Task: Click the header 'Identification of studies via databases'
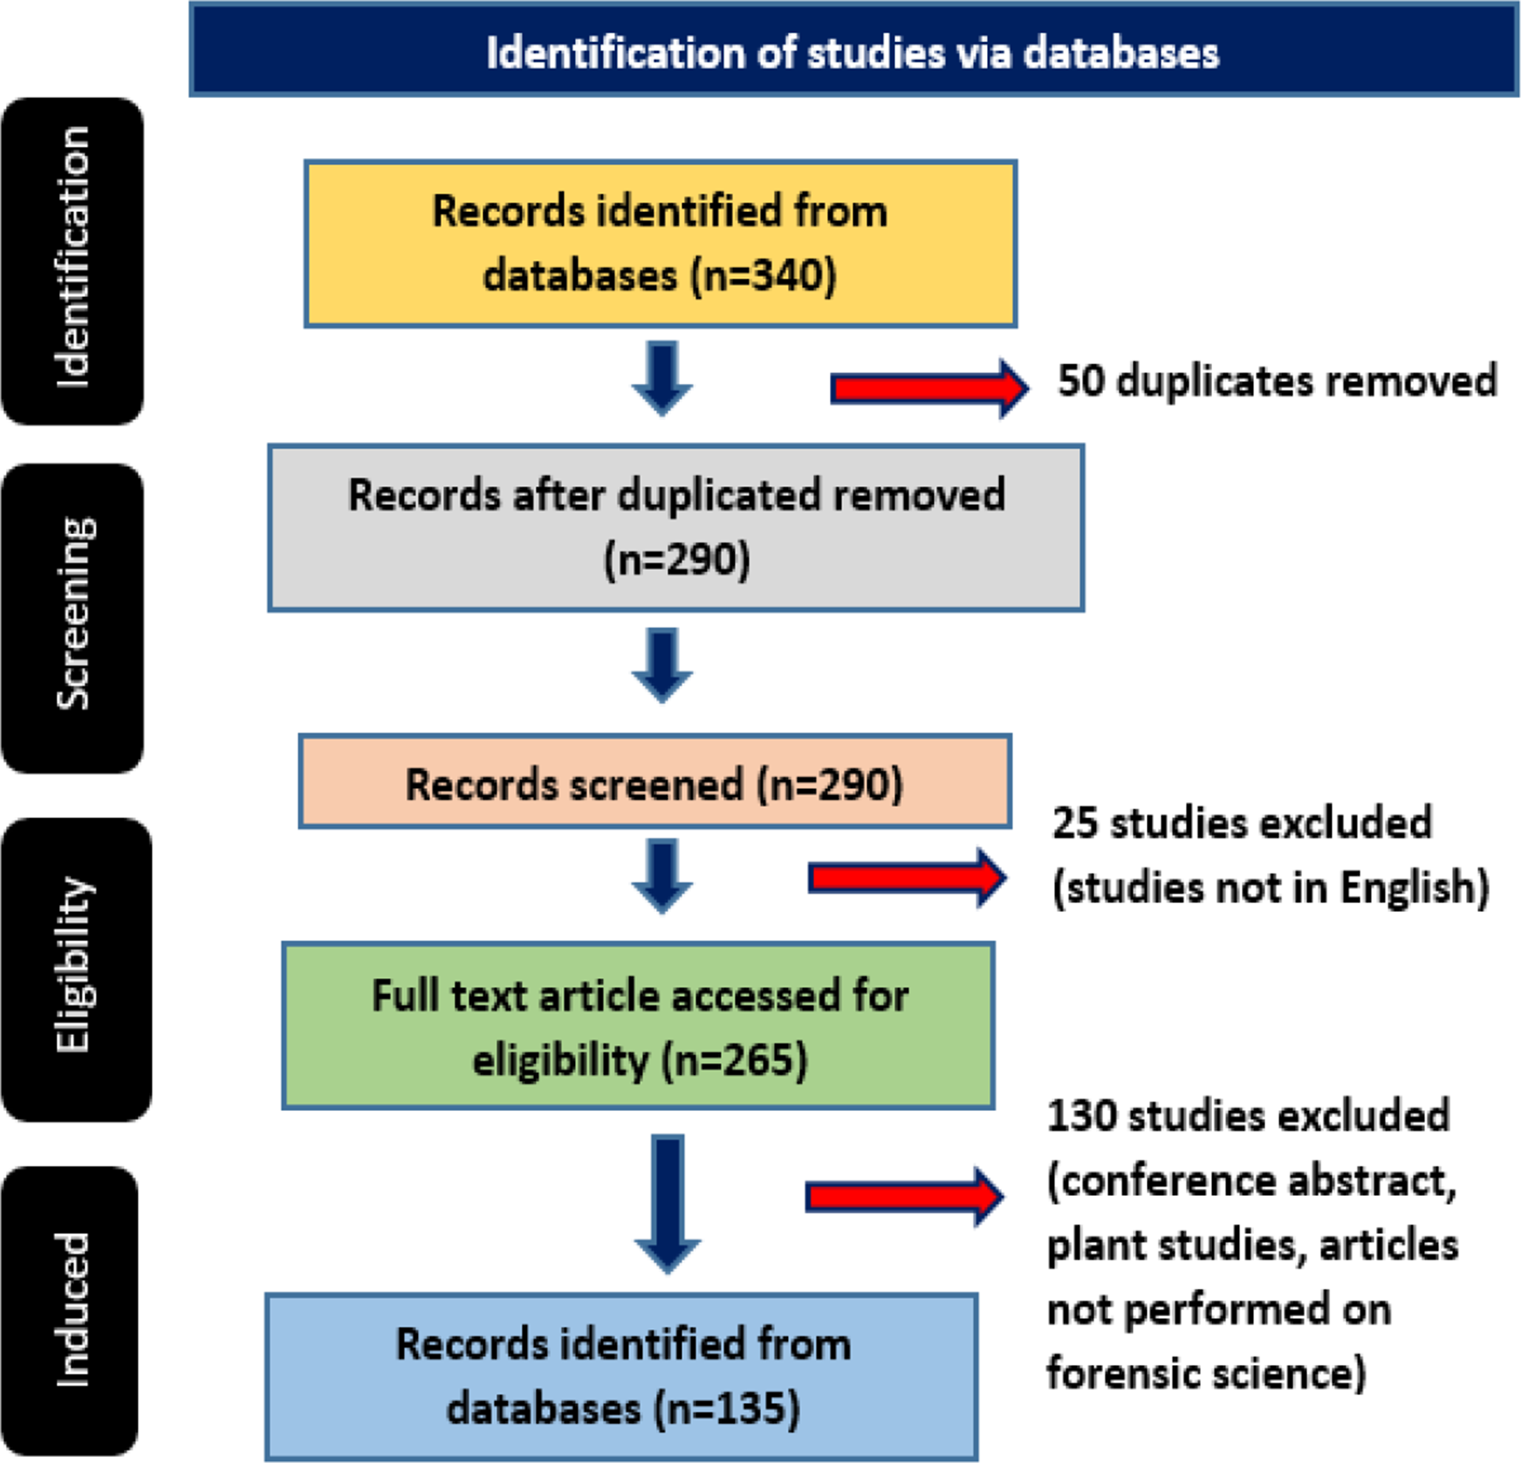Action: tap(853, 52)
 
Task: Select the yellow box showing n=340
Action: tap(660, 244)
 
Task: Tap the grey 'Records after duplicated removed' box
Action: tap(676, 527)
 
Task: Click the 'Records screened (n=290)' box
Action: tap(654, 782)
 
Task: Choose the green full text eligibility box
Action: tap(639, 1026)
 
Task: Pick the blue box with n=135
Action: tap(622, 1375)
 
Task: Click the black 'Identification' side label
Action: tap(72, 259)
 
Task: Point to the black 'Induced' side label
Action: tap(70, 1310)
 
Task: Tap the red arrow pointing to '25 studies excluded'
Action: tap(906, 877)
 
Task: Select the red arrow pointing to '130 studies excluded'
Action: tap(904, 1196)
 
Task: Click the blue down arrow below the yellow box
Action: tap(662, 378)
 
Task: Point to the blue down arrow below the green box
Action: tap(667, 1202)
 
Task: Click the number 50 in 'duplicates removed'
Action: tap(1081, 380)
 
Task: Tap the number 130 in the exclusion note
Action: tap(1082, 1116)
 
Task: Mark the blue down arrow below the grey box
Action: tap(662, 665)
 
